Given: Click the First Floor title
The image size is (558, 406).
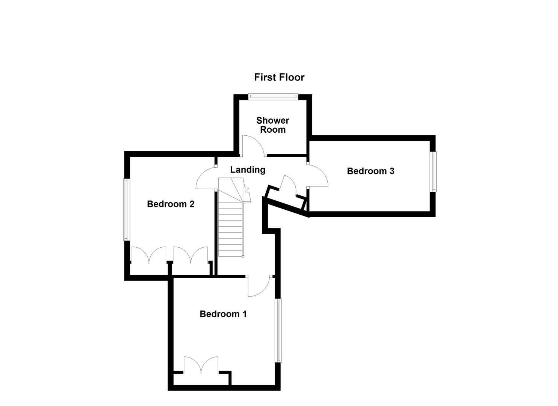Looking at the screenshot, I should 279,77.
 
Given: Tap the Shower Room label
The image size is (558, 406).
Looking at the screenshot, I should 273,125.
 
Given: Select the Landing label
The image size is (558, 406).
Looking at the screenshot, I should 248,170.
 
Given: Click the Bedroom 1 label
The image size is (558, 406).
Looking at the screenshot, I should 223,314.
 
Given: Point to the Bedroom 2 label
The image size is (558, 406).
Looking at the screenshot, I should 171,204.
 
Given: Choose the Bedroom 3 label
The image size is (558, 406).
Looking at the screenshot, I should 370,171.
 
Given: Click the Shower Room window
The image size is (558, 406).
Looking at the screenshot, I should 273,97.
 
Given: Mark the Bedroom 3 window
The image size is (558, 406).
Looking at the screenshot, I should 433,171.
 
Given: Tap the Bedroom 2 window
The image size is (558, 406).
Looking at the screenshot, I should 127,209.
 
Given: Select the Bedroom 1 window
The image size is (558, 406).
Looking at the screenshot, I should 278,330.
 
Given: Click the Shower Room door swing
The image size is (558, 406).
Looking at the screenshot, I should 253,145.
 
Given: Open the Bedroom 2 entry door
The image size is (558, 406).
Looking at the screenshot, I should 206,178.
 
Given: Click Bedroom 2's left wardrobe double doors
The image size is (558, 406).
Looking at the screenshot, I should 149,255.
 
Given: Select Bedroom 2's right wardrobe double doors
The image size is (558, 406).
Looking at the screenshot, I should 191,255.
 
